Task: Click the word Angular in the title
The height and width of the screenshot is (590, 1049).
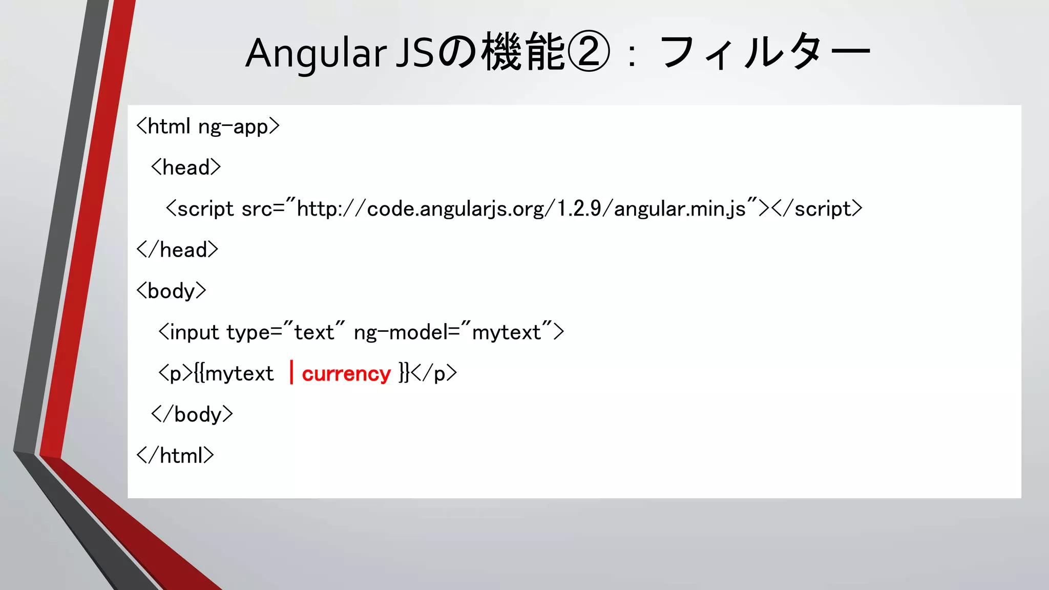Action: coord(316,53)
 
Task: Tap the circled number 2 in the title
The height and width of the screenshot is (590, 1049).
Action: coord(589,52)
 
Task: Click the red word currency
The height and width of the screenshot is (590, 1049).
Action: coord(346,373)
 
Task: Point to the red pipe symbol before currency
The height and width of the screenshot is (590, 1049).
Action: coord(291,372)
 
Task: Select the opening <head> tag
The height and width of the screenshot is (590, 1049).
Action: coord(186,167)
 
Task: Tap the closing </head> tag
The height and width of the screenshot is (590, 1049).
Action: coord(177,250)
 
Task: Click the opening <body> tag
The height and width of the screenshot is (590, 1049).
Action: coord(171,291)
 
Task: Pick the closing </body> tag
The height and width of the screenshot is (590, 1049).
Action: coord(192,414)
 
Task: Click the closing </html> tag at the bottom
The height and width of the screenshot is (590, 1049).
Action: coord(175,455)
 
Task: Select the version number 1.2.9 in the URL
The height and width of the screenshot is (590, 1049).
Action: coord(579,209)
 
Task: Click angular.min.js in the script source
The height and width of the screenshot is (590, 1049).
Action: coord(680,209)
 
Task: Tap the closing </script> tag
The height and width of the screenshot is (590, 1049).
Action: coord(817,209)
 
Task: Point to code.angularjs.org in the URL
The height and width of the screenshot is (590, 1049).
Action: coord(456,209)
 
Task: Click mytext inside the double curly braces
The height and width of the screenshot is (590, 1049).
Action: coord(239,373)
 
